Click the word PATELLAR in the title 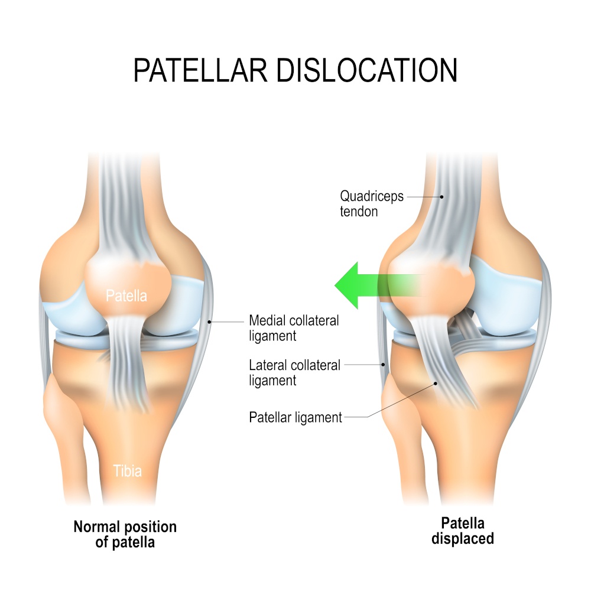pos(200,70)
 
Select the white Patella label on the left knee pos(126,296)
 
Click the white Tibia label pos(128,471)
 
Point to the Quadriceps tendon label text pos(372,203)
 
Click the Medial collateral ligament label pos(294,328)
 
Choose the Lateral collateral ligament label pos(294,372)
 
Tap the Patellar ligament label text pos(295,417)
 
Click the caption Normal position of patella pos(125,534)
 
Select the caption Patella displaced pos(463,531)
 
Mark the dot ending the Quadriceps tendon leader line pos(441,197)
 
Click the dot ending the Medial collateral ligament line pos(210,322)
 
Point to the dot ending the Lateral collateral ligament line pos(384,365)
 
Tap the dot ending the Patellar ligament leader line pos(436,384)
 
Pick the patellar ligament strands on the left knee pos(126,362)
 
